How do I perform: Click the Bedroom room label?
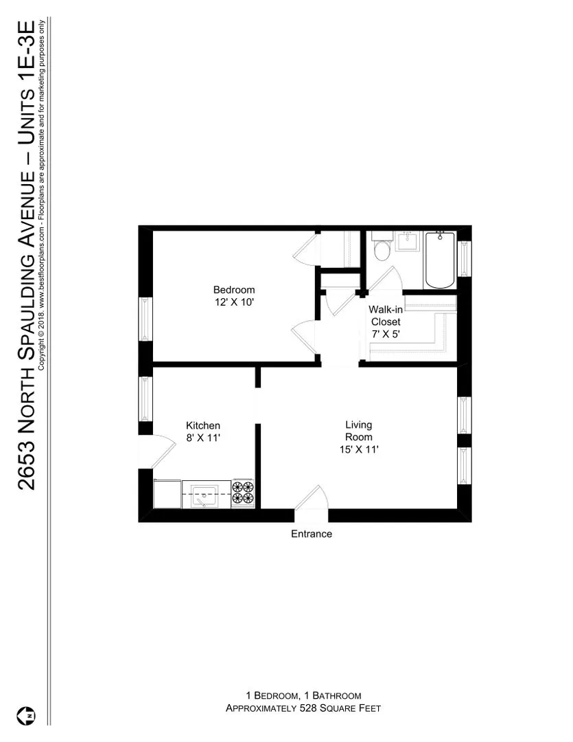pyautogui.click(x=233, y=290)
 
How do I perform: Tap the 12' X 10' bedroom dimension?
pyautogui.click(x=233, y=302)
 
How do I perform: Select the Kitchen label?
pyautogui.click(x=203, y=426)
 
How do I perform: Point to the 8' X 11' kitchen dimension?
pyautogui.click(x=203, y=438)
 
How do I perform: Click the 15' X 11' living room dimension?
pyautogui.click(x=358, y=449)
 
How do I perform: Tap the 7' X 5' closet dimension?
pyautogui.click(x=384, y=334)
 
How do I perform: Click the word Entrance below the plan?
pyautogui.click(x=312, y=534)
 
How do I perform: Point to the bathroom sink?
pyautogui.click(x=409, y=242)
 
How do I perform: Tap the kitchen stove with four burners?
pyautogui.click(x=243, y=493)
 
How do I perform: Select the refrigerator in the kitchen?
pyautogui.click(x=167, y=493)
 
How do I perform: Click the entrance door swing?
pyautogui.click(x=312, y=498)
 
